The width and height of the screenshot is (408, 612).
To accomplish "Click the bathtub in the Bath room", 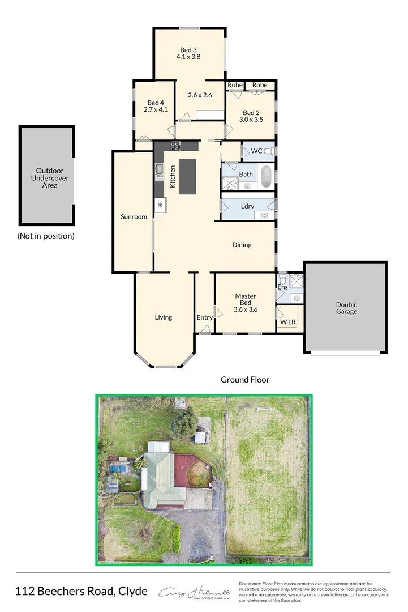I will (x=265, y=177).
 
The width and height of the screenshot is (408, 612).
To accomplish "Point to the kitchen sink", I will (x=160, y=169).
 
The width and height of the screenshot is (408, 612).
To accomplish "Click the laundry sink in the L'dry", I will (x=264, y=215).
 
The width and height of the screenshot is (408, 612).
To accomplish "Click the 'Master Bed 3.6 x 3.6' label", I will (x=246, y=303).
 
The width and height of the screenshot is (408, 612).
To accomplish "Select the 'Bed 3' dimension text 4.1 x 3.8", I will (x=189, y=57).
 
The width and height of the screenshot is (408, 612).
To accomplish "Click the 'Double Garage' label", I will (x=346, y=308).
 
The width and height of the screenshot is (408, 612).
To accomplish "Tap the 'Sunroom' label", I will (x=134, y=217).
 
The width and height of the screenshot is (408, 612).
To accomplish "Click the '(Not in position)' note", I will (x=46, y=236).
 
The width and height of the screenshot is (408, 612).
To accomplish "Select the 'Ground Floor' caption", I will (x=245, y=380).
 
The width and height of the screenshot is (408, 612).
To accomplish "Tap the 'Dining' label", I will (x=242, y=245).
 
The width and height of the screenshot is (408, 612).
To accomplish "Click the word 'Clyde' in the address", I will (x=132, y=592).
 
